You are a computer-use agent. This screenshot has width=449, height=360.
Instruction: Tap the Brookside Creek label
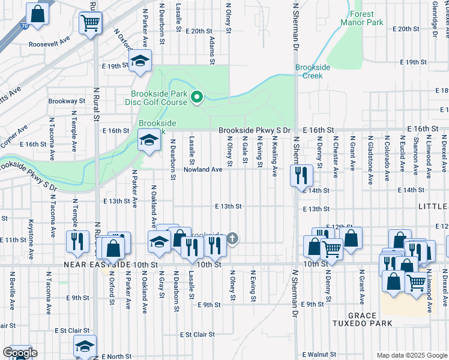tap(313, 71)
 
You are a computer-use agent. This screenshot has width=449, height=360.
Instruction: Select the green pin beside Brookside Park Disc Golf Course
tap(196, 96)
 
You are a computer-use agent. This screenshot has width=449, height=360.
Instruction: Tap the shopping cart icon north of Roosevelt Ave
tap(91, 23)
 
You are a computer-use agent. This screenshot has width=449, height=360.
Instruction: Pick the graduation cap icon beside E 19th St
tap(140, 61)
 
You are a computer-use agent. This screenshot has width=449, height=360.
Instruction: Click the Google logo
tap(19, 353)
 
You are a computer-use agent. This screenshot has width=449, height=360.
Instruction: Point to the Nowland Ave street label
tap(203, 170)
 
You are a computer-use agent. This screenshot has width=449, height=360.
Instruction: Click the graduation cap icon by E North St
tap(85, 346)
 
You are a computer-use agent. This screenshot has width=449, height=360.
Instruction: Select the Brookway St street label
tap(64, 101)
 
